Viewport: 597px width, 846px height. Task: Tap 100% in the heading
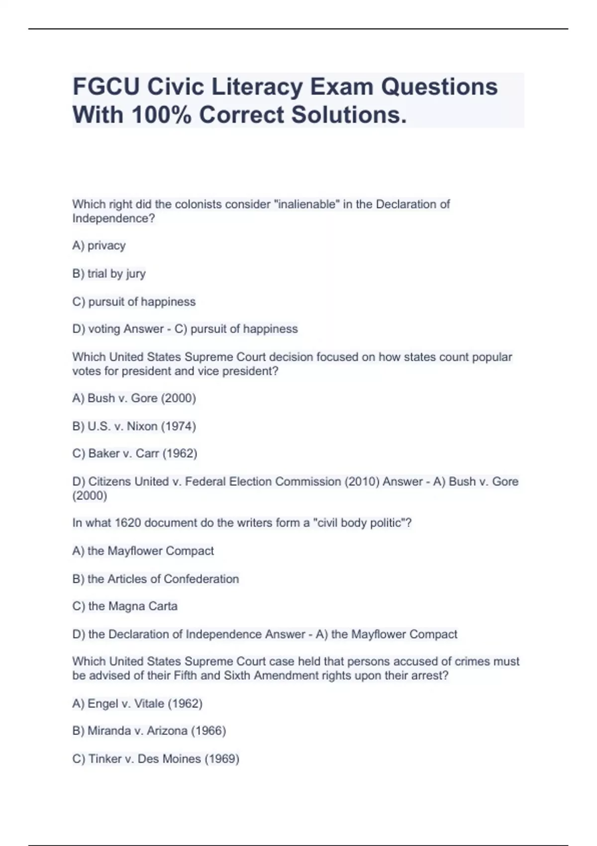pos(161,115)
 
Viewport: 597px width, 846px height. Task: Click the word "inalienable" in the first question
pos(306,205)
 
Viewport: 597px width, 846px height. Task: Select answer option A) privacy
pos(99,246)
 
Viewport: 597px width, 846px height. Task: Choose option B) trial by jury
pos(109,274)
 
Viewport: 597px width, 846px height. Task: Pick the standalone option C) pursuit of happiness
pos(134,302)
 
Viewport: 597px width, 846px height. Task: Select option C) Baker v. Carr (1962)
pos(134,454)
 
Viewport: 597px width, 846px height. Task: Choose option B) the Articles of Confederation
pos(155,579)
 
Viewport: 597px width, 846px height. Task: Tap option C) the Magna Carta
pos(125,607)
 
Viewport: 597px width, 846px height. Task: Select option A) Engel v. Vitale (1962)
pos(137,704)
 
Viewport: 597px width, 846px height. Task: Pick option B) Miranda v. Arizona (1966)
pos(149,731)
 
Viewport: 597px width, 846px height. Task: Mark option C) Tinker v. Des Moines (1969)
pos(156,759)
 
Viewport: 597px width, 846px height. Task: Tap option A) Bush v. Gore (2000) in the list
pos(134,399)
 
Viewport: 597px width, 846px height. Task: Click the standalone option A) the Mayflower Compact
pos(143,551)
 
